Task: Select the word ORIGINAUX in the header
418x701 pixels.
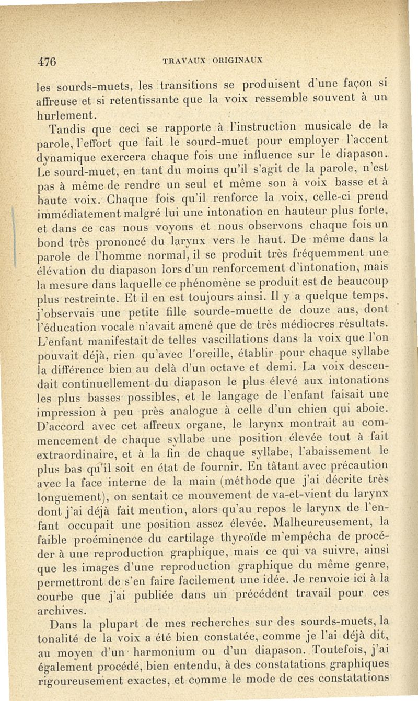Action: [x=236, y=59]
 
